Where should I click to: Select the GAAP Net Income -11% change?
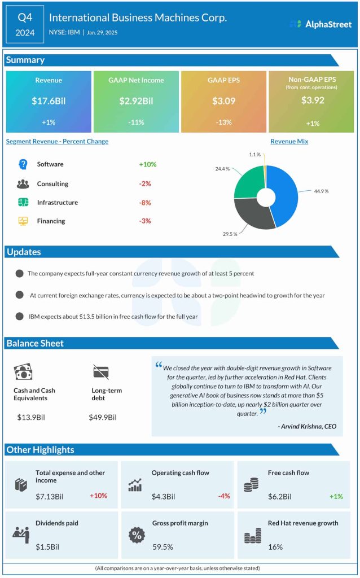(136, 123)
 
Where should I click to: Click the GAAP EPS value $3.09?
(223, 102)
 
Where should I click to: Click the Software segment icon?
(23, 164)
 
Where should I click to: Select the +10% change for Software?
(147, 164)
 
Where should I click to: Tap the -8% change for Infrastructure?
(145, 203)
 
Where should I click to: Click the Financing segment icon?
(23, 221)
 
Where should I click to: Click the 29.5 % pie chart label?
(230, 234)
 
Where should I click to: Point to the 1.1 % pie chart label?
(254, 154)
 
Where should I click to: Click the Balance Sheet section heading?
(35, 343)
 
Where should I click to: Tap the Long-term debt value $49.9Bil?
(103, 417)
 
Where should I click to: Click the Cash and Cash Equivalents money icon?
(23, 371)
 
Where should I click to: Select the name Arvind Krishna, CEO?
(307, 426)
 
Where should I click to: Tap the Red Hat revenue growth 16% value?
(275, 546)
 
